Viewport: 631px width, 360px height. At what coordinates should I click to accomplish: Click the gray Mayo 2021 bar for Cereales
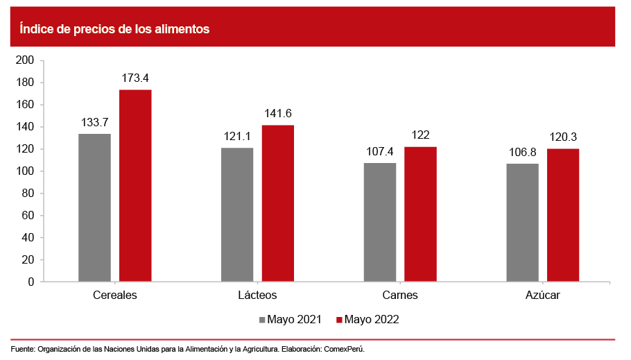[x=94, y=207]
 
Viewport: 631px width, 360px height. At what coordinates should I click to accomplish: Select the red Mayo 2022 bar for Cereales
[x=135, y=185]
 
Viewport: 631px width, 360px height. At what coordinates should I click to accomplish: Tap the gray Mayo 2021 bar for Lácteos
[x=237, y=214]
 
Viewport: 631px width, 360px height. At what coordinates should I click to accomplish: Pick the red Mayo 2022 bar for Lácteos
[x=278, y=203]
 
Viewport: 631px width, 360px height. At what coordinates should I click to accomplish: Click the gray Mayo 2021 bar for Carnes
[x=380, y=222]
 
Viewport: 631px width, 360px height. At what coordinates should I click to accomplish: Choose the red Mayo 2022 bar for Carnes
[x=421, y=214]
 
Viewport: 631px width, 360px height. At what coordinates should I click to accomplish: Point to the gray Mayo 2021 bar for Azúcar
[x=522, y=222]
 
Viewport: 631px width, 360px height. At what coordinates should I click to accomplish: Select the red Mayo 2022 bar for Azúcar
[x=563, y=215]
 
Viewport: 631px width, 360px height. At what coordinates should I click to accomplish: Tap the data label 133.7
[x=94, y=123]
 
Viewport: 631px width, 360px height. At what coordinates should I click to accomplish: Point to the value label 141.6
[x=278, y=114]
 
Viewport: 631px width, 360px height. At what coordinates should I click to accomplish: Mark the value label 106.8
[x=522, y=152]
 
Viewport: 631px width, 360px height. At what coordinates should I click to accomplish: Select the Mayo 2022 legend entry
[x=368, y=320]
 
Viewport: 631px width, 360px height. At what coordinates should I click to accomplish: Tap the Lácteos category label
[x=257, y=295]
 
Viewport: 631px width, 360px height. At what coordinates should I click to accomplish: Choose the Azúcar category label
[x=542, y=295]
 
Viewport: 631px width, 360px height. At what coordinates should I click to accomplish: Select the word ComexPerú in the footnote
[x=344, y=349]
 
